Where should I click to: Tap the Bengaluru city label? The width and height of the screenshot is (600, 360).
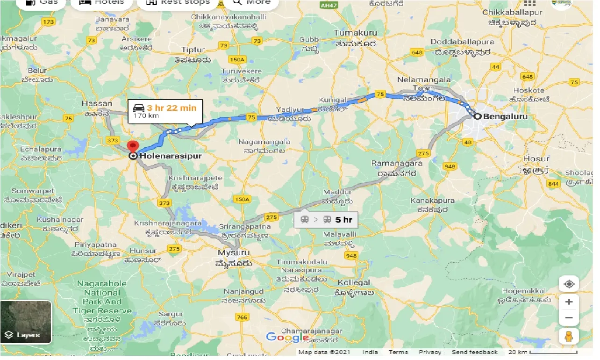tap(507, 116)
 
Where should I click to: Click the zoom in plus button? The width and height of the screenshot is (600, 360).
tap(569, 302)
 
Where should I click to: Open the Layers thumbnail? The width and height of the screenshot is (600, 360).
tap(26, 322)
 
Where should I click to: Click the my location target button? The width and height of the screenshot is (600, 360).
tap(569, 284)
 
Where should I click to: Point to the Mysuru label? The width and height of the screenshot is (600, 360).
tap(233, 253)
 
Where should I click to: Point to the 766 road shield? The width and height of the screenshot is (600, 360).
tap(242, 318)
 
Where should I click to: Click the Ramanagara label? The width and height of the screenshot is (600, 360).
tap(397, 164)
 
